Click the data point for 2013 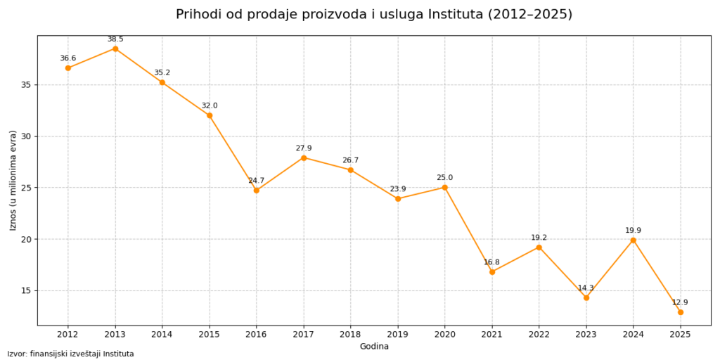tap(115, 49)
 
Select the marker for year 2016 tap(257, 191)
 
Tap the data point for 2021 tap(492, 271)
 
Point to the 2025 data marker tap(681, 311)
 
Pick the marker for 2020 tap(445, 187)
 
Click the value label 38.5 tap(115, 39)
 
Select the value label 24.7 tap(257, 181)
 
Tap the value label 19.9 tap(634, 231)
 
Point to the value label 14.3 tap(586, 288)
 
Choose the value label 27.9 tap(304, 148)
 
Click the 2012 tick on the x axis tap(68, 334)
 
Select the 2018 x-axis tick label tap(351, 334)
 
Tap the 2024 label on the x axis tap(634, 334)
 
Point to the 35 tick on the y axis tap(25, 85)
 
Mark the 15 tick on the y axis tap(25, 290)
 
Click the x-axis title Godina tap(374, 346)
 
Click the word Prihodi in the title tap(198, 15)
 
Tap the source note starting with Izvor tap(70, 354)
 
